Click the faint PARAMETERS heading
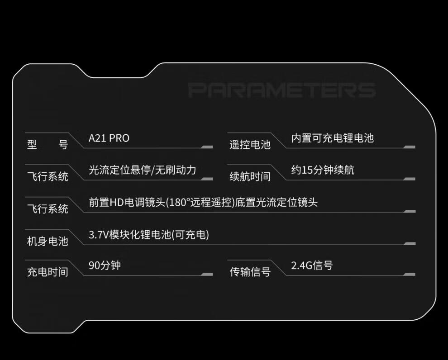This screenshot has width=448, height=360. pos(282,90)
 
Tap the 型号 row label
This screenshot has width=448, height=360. pos(48,144)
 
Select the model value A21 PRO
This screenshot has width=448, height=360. pos(109,138)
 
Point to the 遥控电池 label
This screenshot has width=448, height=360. pos(250,144)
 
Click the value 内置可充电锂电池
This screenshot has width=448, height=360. pos(333,138)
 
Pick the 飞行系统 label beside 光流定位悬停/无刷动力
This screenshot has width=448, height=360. pos(48,176)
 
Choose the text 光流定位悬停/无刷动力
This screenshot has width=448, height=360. pos(142,170)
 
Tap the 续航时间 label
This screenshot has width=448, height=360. pos(250,176)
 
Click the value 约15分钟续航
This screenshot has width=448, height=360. pos(323,170)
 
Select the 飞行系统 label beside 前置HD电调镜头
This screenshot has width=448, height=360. pos(48,208)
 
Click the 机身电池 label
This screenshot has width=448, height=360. pos(48,241)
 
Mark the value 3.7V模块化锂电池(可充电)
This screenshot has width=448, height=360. pos(149,235)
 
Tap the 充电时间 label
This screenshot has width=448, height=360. pos(48,272)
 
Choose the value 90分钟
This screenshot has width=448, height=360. pos(105,265)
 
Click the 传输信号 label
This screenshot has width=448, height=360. pos(250,272)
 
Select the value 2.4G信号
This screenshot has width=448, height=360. pos(312,265)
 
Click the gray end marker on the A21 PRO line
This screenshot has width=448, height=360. pos(207,147)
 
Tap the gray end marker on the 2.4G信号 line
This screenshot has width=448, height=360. pos(410,275)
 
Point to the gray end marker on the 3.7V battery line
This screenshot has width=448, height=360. pos(410,244)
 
